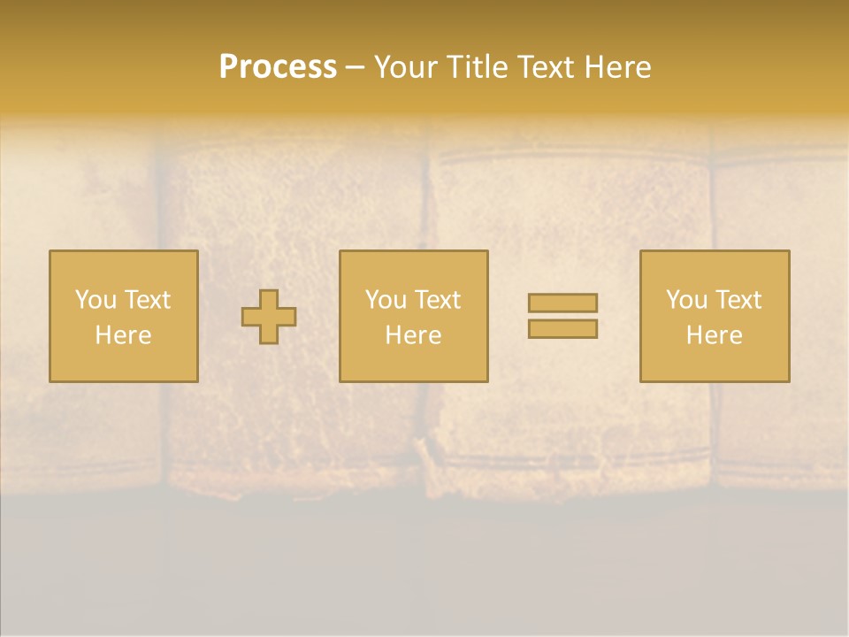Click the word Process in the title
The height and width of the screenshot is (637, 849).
[x=278, y=67]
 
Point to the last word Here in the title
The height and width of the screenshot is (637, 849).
[x=619, y=67]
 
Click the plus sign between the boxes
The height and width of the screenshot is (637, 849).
[x=269, y=317]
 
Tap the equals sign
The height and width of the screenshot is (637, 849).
[x=562, y=316]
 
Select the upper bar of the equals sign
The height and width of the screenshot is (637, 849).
[x=562, y=303]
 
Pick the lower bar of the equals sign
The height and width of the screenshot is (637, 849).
[x=562, y=328]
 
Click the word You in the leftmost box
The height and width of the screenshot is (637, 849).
[x=96, y=300]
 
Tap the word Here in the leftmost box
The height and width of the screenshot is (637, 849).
[x=123, y=335]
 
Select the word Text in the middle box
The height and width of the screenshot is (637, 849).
[x=437, y=300]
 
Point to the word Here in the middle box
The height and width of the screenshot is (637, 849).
[x=413, y=335]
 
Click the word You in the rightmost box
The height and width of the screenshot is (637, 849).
[x=687, y=300]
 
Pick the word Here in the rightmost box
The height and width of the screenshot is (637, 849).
[x=714, y=335]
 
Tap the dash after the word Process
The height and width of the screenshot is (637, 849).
[x=355, y=68]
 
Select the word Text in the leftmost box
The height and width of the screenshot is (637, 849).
[x=147, y=300]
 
